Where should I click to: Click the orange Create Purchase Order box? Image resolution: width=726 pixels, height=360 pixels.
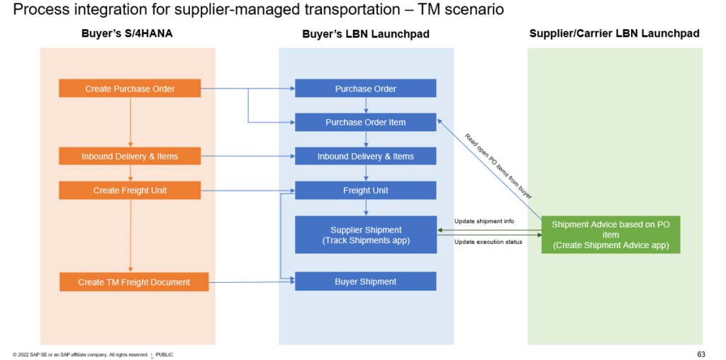pyautogui.click(x=130, y=89)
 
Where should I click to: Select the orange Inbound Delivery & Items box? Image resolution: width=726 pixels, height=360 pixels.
pyautogui.click(x=130, y=156)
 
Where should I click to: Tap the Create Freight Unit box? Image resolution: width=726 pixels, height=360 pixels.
pyautogui.click(x=130, y=190)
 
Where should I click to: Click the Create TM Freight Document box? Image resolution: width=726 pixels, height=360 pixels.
pyautogui.click(x=134, y=282)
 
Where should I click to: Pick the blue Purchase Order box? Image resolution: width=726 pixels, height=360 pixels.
pyautogui.click(x=365, y=89)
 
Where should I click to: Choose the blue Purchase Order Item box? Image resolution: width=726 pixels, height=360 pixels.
pyautogui.click(x=365, y=122)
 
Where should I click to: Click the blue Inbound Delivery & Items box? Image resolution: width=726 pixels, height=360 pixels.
pyautogui.click(x=365, y=156)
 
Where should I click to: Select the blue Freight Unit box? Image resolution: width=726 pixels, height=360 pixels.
pyautogui.click(x=365, y=190)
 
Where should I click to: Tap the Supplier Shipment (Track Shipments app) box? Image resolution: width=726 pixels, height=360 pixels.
pyautogui.click(x=365, y=235)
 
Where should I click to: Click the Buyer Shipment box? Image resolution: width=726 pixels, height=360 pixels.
pyautogui.click(x=365, y=281)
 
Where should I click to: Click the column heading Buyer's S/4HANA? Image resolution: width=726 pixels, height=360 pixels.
pyautogui.click(x=128, y=34)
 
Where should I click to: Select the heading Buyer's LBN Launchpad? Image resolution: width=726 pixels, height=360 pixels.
pyautogui.click(x=365, y=34)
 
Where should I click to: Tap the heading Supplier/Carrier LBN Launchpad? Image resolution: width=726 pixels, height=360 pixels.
pyautogui.click(x=614, y=34)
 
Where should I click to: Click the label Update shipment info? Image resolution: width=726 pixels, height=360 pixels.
pyautogui.click(x=484, y=221)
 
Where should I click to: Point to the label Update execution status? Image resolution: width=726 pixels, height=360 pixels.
pyautogui.click(x=488, y=242)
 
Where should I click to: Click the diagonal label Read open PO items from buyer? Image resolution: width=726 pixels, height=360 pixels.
pyautogui.click(x=498, y=166)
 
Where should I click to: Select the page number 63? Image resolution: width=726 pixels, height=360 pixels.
pyautogui.click(x=700, y=354)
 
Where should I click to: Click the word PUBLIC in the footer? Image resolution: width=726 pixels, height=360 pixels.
pyautogui.click(x=164, y=354)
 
